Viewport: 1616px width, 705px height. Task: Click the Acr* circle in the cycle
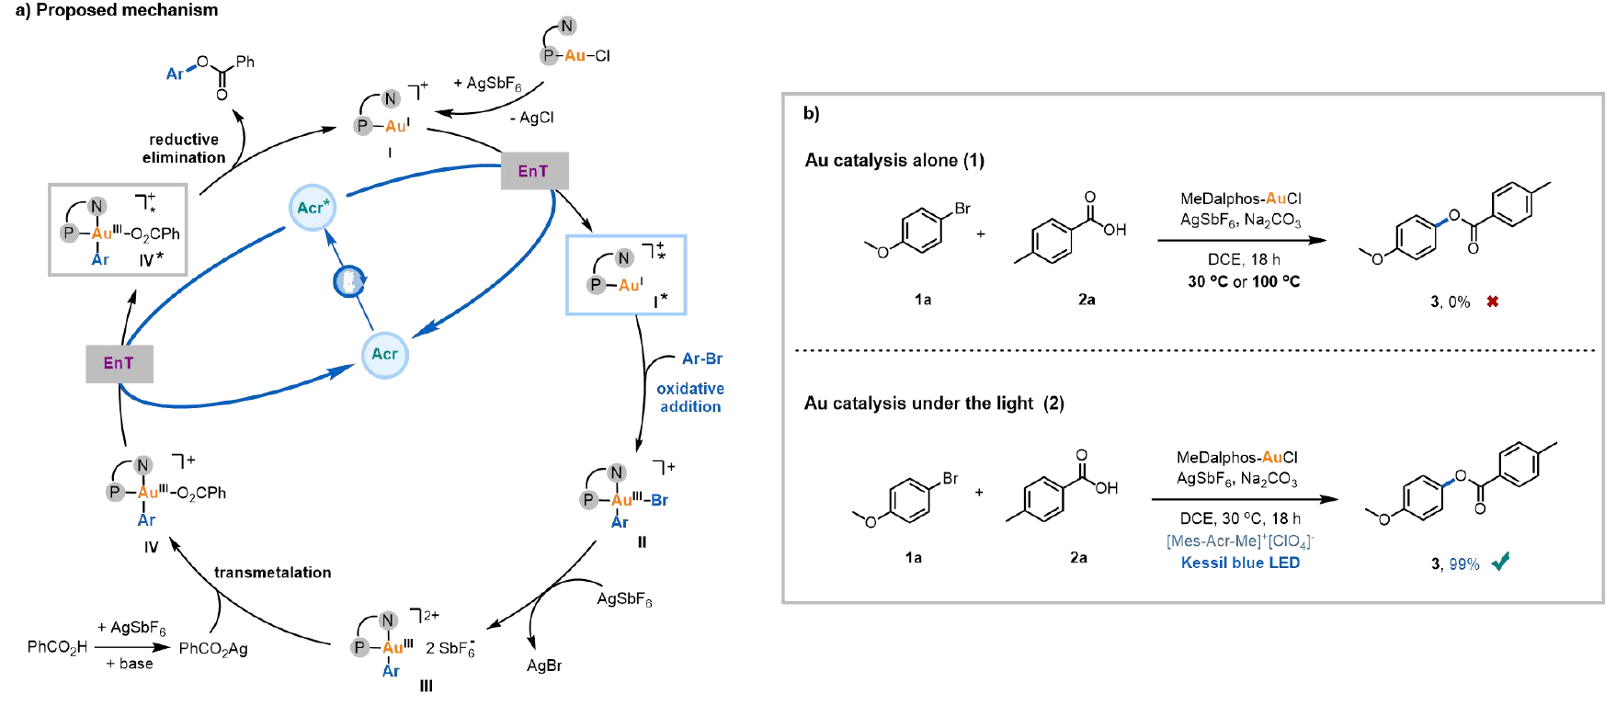pos(313,207)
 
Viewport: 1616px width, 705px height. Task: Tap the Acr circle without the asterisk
pos(384,355)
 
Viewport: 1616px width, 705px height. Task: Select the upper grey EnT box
pos(534,171)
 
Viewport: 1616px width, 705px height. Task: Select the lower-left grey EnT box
pos(119,363)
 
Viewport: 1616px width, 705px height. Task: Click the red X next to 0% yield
pos(1493,301)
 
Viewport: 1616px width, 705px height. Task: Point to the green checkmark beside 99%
pos(1500,562)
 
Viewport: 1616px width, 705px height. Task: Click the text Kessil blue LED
pos(1240,563)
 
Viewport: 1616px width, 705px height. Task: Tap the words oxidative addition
pos(690,398)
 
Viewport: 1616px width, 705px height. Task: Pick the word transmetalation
pos(272,573)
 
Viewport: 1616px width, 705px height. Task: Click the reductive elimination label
pos(184,148)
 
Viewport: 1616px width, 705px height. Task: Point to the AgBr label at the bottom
pos(544,665)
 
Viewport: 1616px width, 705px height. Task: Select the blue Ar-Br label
pos(702,358)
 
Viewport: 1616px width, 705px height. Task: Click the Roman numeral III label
pos(426,686)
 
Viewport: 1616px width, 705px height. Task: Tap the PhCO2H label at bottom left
pos(57,647)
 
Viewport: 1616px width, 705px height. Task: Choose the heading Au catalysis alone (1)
pos(894,161)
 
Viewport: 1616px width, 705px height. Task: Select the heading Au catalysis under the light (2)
pos(934,404)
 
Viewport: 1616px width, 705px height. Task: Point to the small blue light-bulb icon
pos(349,281)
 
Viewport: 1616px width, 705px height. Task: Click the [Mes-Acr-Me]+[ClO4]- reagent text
pos(1240,540)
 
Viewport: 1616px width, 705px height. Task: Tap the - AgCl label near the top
pos(532,118)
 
